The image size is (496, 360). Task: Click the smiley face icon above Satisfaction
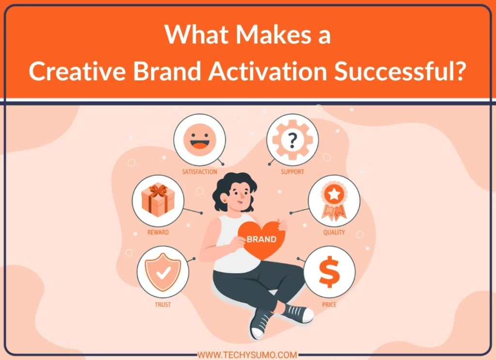tap(199, 139)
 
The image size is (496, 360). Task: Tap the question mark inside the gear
tap(292, 141)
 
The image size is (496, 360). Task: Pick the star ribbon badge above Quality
tap(334, 199)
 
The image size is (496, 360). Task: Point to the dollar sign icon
tap(329, 271)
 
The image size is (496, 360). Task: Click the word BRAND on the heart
tap(262, 239)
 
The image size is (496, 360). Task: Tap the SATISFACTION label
tap(199, 172)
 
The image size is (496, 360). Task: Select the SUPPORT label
tap(293, 172)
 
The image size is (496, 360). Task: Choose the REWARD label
tap(158, 233)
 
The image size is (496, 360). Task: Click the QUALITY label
tap(334, 232)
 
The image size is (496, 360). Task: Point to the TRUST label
tap(163, 305)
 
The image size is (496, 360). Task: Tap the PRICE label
tap(329, 305)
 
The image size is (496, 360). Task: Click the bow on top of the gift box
tap(158, 189)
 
